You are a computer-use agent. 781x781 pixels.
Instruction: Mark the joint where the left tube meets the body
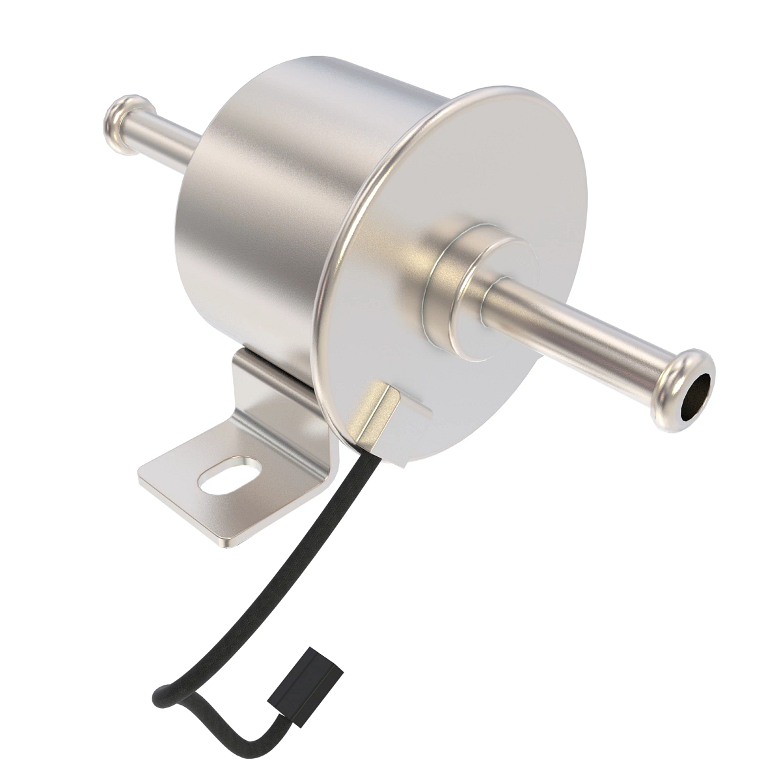199,142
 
